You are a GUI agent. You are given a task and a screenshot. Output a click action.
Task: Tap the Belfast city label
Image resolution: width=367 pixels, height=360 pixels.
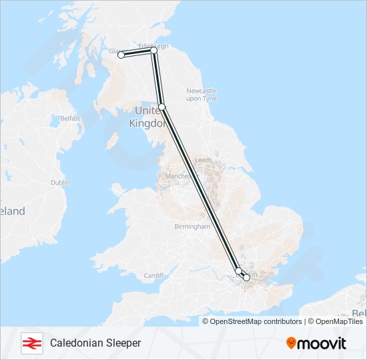[x=70, y=118]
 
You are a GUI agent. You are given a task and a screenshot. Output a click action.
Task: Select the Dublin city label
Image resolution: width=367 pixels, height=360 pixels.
[x=59, y=182]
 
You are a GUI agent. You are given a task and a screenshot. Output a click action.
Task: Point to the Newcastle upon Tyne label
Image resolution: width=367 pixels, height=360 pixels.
[x=201, y=94]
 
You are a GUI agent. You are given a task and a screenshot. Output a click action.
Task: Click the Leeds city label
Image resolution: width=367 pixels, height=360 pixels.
[x=203, y=160]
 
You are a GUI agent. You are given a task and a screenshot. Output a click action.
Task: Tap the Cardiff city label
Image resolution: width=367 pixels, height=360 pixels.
[x=153, y=275]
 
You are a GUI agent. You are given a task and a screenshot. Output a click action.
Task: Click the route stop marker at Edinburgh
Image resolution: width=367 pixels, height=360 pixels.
[x=153, y=50]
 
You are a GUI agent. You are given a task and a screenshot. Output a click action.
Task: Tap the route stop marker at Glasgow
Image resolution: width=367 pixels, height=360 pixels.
[x=121, y=55]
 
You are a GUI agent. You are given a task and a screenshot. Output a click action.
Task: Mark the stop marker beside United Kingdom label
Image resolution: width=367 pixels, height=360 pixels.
[x=161, y=107]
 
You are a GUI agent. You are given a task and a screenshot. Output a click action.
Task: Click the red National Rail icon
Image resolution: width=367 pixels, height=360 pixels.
[x=30, y=343]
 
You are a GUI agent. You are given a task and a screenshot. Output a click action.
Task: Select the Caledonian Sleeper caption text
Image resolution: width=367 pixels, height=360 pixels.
[x=95, y=343]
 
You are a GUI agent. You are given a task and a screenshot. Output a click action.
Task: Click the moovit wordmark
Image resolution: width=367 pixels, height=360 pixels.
[x=322, y=343]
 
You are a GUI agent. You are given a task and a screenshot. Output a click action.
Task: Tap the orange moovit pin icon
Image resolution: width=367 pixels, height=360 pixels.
[x=291, y=343]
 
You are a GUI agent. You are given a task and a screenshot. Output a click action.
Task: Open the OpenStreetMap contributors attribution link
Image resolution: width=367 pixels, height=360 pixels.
[x=256, y=321]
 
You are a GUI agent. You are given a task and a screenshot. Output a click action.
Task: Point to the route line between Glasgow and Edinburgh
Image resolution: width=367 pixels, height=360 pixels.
[x=137, y=52]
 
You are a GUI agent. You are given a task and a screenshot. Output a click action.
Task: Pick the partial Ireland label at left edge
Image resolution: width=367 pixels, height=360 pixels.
[x=12, y=211]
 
